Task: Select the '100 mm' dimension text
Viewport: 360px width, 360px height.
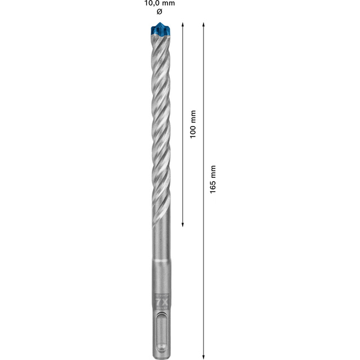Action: coord(193,124)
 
